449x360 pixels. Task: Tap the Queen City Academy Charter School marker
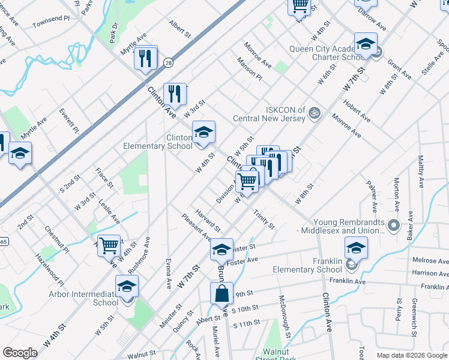365,44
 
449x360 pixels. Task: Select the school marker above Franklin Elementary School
356,247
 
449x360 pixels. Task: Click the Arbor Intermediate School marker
127,286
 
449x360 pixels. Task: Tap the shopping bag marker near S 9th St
221,293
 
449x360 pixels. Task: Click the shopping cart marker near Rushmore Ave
109,245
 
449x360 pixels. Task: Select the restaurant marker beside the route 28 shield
146,58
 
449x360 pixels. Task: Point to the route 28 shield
169,62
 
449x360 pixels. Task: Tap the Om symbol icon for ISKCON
313,113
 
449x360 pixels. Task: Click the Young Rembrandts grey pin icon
394,226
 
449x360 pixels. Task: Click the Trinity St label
264,220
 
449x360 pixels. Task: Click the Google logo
20,353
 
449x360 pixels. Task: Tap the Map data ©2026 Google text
411,355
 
